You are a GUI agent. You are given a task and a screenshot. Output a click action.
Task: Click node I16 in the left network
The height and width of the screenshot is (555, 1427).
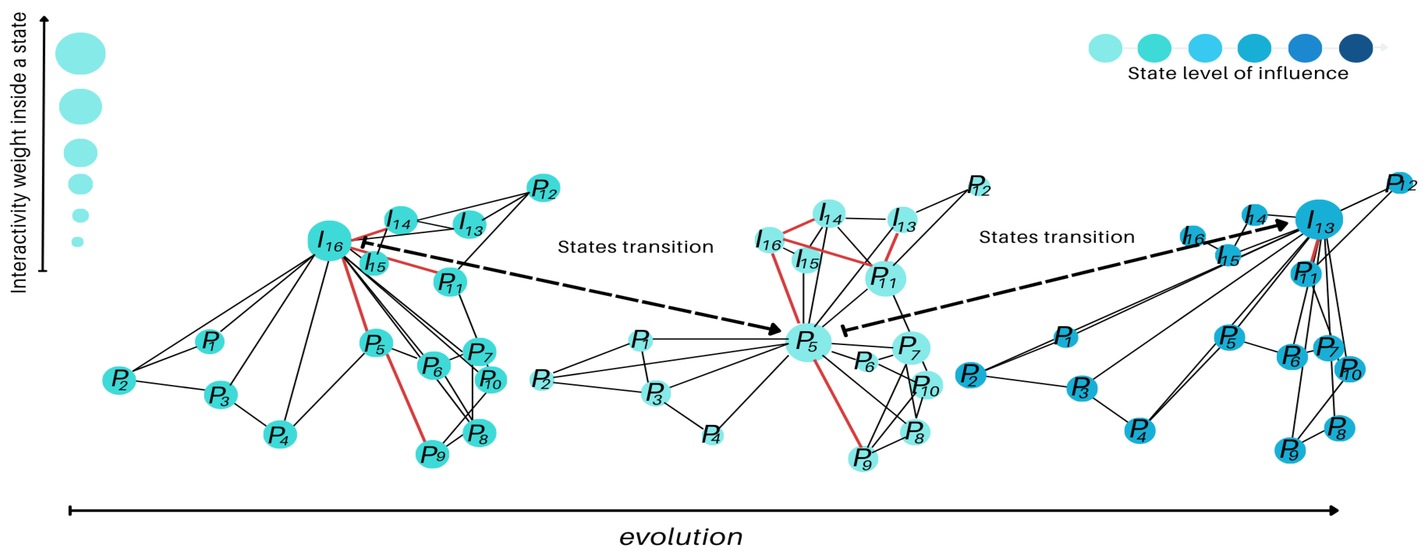tap(330, 241)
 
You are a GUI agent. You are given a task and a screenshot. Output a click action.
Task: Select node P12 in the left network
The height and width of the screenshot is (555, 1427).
tap(543, 188)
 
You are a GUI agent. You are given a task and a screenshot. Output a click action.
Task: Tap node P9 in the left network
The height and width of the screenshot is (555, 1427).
tap(432, 454)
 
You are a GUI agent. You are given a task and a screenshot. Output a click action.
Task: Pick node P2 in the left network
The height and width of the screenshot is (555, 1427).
tap(119, 380)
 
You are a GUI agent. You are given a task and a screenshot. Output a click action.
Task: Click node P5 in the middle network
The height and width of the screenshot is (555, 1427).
tap(808, 342)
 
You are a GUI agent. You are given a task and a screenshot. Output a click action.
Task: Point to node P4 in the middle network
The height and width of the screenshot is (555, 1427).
tap(712, 435)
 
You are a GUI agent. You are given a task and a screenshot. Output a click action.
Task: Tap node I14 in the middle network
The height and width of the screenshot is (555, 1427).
tap(829, 214)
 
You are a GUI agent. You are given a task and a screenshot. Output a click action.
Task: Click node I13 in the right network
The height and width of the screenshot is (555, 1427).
tap(1319, 219)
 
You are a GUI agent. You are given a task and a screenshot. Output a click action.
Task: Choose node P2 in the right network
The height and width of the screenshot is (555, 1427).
tap(970, 375)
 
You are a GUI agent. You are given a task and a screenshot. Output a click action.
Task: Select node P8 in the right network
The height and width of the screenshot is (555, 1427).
tap(1339, 428)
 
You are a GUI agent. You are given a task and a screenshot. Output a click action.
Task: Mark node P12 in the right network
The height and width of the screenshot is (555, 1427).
tap(1399, 183)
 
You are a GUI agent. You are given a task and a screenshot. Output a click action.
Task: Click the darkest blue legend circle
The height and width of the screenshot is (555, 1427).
tap(1356, 48)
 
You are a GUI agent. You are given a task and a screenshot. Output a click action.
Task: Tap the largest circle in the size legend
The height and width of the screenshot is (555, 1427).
tap(80, 53)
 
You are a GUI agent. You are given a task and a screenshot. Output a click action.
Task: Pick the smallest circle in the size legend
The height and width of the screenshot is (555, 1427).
tap(77, 241)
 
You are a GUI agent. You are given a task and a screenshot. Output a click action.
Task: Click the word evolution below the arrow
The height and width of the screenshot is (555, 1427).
tap(681, 536)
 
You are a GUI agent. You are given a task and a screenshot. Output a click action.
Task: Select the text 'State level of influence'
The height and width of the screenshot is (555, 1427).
tap(1237, 73)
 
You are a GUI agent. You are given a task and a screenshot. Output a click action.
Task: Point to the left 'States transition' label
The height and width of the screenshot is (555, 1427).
tap(635, 247)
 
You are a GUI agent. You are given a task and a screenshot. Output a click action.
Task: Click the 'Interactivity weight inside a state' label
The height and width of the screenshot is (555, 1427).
tap(19, 152)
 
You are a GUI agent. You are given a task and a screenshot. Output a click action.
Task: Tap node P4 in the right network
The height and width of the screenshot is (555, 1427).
tap(1140, 431)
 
